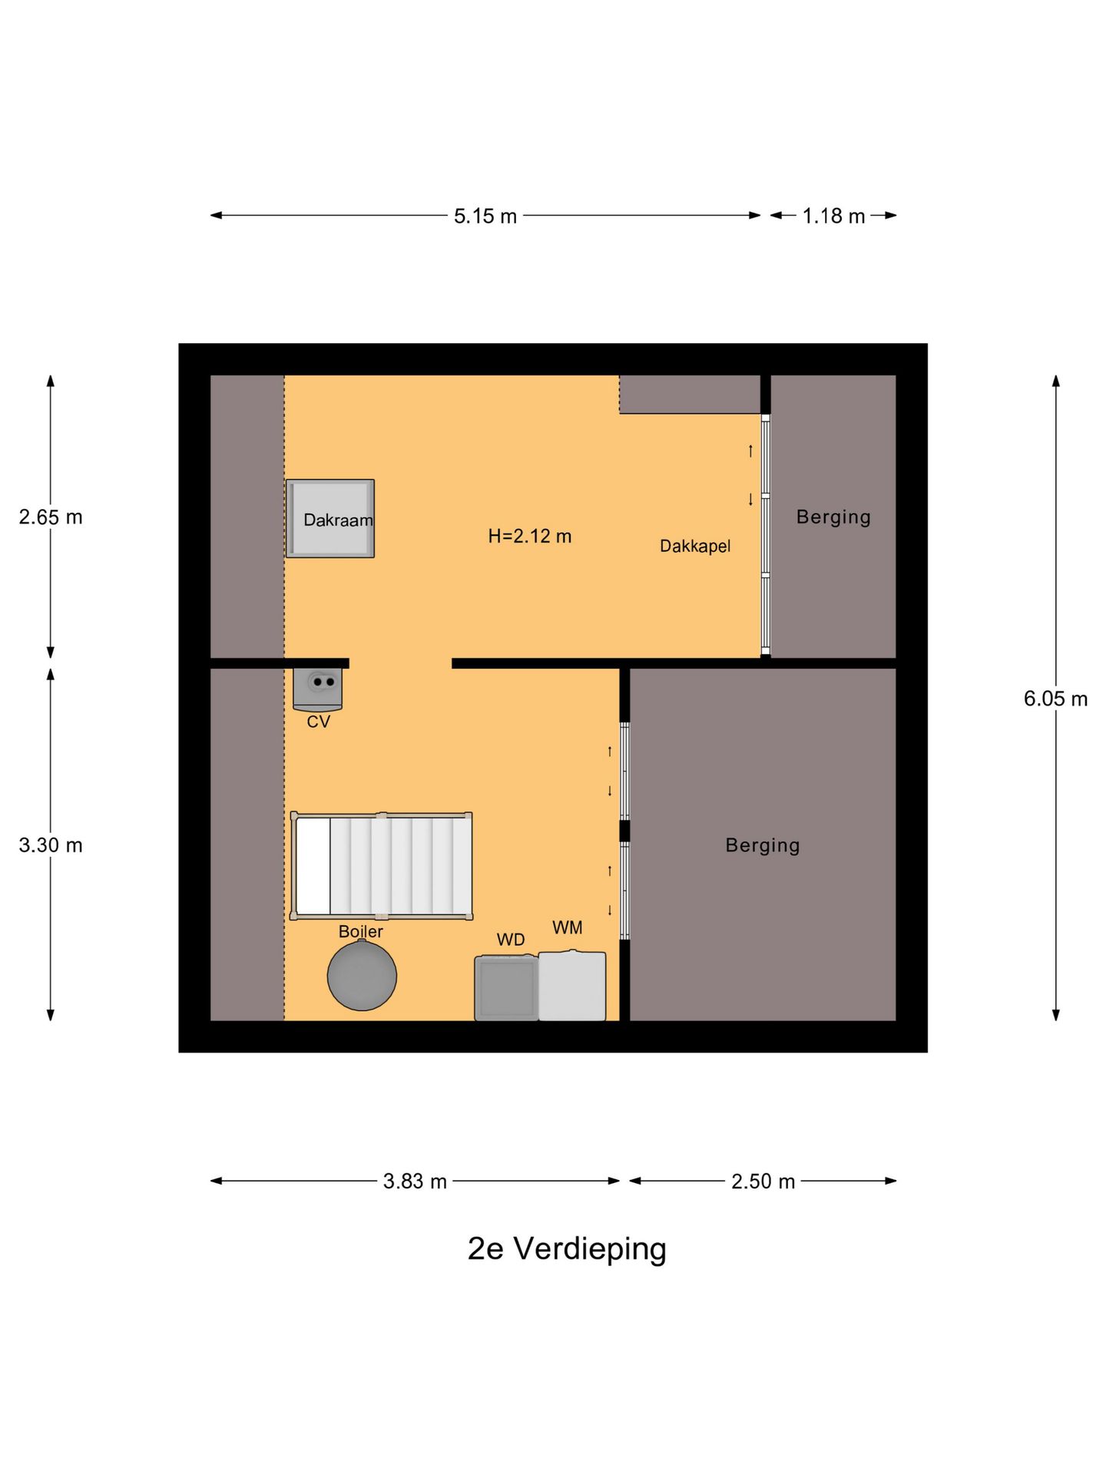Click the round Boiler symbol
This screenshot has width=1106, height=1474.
pyautogui.click(x=362, y=975)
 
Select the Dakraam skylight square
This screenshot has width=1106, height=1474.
pyautogui.click(x=330, y=518)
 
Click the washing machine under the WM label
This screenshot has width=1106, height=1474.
pyautogui.click(x=572, y=986)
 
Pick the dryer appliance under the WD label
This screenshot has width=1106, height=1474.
pyautogui.click(x=505, y=987)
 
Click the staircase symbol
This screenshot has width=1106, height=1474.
pyautogui.click(x=382, y=865)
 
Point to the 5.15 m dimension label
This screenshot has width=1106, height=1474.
pyautogui.click(x=485, y=216)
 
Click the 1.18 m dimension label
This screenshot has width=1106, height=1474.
pyautogui.click(x=833, y=216)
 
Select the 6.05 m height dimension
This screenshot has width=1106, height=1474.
pyautogui.click(x=1055, y=699)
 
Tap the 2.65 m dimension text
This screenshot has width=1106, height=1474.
pyautogui.click(x=51, y=517)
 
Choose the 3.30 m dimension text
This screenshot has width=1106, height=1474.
pyautogui.click(x=51, y=844)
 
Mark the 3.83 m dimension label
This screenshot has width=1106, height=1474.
pyautogui.click(x=415, y=1181)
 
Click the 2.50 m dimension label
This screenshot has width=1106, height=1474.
pyautogui.click(x=763, y=1181)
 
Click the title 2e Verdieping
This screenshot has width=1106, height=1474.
pyautogui.click(x=567, y=1248)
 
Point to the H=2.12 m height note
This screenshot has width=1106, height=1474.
pyautogui.click(x=530, y=536)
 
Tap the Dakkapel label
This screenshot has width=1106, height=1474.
pyautogui.click(x=695, y=546)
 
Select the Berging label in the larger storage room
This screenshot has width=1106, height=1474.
pyautogui.click(x=763, y=844)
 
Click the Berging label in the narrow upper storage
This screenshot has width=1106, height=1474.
pyautogui.click(x=833, y=517)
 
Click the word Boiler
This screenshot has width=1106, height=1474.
pyautogui.click(x=360, y=931)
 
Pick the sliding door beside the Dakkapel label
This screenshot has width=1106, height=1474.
pyautogui.click(x=765, y=535)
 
